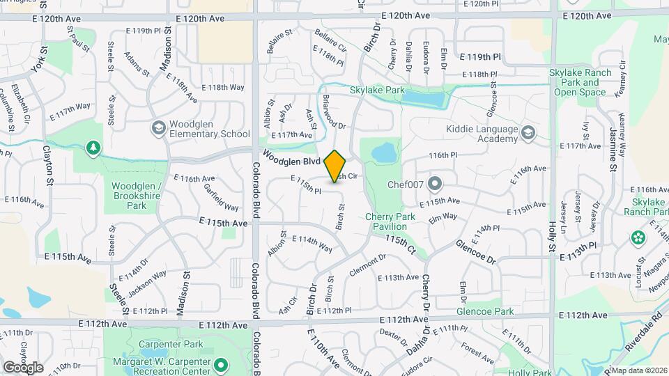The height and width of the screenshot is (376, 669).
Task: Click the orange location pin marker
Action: (335, 166)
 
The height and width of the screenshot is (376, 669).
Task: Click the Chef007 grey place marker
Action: (436, 185)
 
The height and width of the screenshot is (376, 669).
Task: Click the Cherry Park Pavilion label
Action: (390, 221)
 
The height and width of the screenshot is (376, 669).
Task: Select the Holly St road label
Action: (552, 236)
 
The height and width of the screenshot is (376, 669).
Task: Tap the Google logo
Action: (23, 367)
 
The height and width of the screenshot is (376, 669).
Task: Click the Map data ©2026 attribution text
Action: (639, 370)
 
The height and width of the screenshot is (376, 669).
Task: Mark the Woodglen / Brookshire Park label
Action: (137, 196)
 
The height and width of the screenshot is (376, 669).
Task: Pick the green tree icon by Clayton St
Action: (92, 148)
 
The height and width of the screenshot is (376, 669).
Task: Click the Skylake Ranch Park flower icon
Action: (638, 238)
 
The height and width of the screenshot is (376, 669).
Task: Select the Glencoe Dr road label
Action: (475, 250)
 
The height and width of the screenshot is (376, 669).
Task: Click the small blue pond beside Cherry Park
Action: (382, 152)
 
